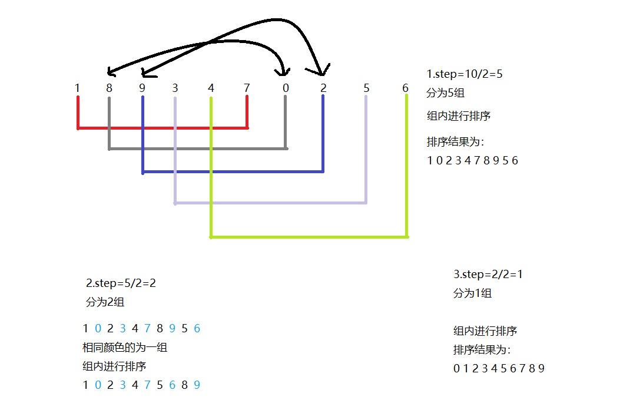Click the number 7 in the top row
[x=247, y=88]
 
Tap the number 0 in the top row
[x=286, y=88]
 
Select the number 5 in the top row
[x=366, y=88]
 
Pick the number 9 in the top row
[x=142, y=88]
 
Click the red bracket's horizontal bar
[x=163, y=127]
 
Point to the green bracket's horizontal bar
[x=309, y=237]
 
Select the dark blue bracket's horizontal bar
[x=233, y=172]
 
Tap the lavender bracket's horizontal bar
[x=270, y=203]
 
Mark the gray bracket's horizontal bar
[x=198, y=148]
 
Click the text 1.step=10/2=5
[x=465, y=74]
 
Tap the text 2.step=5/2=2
[x=121, y=283]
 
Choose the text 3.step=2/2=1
[x=488, y=275]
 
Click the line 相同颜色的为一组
[x=125, y=348]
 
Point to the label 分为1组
[x=472, y=293]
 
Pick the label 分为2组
[x=105, y=302]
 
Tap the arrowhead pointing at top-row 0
[x=284, y=71]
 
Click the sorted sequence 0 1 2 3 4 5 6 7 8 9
[x=499, y=369]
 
